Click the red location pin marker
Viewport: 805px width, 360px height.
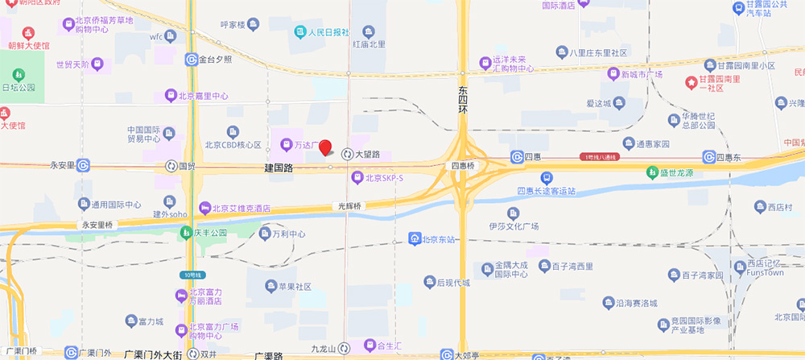point(325,147)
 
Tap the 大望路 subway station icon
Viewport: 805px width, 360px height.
point(347,154)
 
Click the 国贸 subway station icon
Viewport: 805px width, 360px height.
point(171,166)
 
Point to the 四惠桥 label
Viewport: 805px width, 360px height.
point(464,166)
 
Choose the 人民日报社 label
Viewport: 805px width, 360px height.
point(330,33)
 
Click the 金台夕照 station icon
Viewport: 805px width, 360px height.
point(192,59)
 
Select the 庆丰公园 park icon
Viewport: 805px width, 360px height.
point(185,233)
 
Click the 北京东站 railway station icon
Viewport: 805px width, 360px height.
point(414,239)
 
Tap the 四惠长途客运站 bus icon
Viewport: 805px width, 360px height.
point(546,177)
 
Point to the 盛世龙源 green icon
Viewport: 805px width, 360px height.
point(651,172)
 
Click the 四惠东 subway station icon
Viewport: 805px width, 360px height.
point(708,157)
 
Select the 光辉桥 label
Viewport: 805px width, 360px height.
point(350,206)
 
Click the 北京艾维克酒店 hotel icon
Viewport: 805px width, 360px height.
point(204,208)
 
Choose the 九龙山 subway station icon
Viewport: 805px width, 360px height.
point(344,348)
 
